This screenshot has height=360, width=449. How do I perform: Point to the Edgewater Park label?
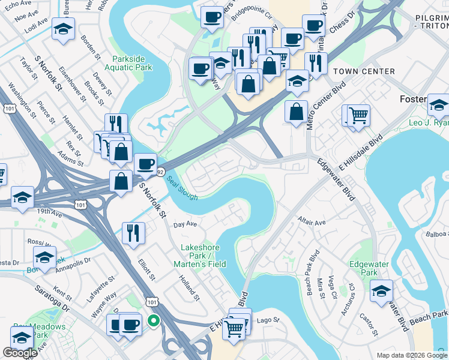(x=369, y=269)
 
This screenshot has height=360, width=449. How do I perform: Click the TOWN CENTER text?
(x=364, y=71)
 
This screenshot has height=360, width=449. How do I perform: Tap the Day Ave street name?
(x=185, y=224)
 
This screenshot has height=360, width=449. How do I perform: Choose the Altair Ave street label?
(x=312, y=222)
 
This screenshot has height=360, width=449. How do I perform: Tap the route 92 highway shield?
(x=160, y=172)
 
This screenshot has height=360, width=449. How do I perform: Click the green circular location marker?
(x=154, y=321)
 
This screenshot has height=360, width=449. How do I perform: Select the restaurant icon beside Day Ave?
(x=133, y=232)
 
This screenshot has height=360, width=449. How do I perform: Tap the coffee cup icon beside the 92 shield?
(x=145, y=163)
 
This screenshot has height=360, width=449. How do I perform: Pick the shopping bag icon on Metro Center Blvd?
(x=296, y=112)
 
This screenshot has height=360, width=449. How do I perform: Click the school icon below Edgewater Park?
(x=381, y=291)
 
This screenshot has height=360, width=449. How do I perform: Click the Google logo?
(x=20, y=353)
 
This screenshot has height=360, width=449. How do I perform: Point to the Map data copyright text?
(x=412, y=355)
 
